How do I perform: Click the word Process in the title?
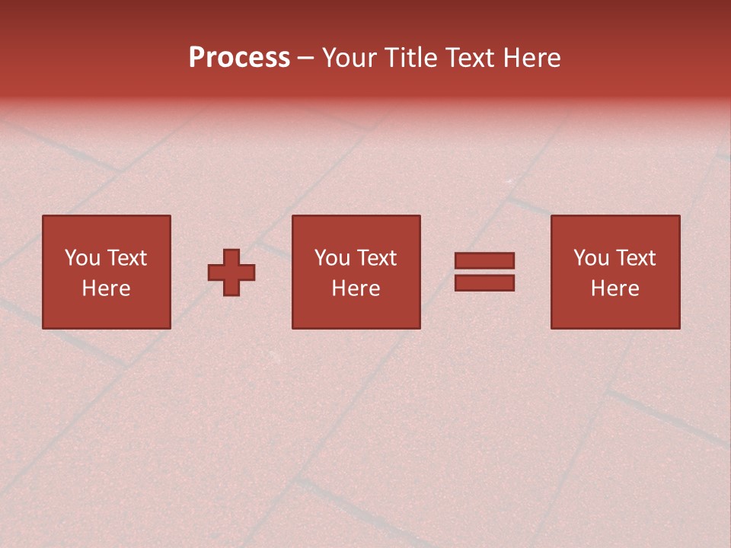[x=239, y=58]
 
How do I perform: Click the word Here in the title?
[x=533, y=58]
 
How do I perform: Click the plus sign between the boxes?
[x=231, y=272]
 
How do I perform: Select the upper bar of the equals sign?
[x=484, y=261]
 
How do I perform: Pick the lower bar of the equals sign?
[x=484, y=283]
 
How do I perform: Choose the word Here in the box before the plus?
[x=106, y=288]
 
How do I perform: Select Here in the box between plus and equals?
[x=356, y=288]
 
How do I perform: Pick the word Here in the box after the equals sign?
[x=614, y=288]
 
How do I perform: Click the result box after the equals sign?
[x=614, y=312]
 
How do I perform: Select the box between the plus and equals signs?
[x=356, y=312]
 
